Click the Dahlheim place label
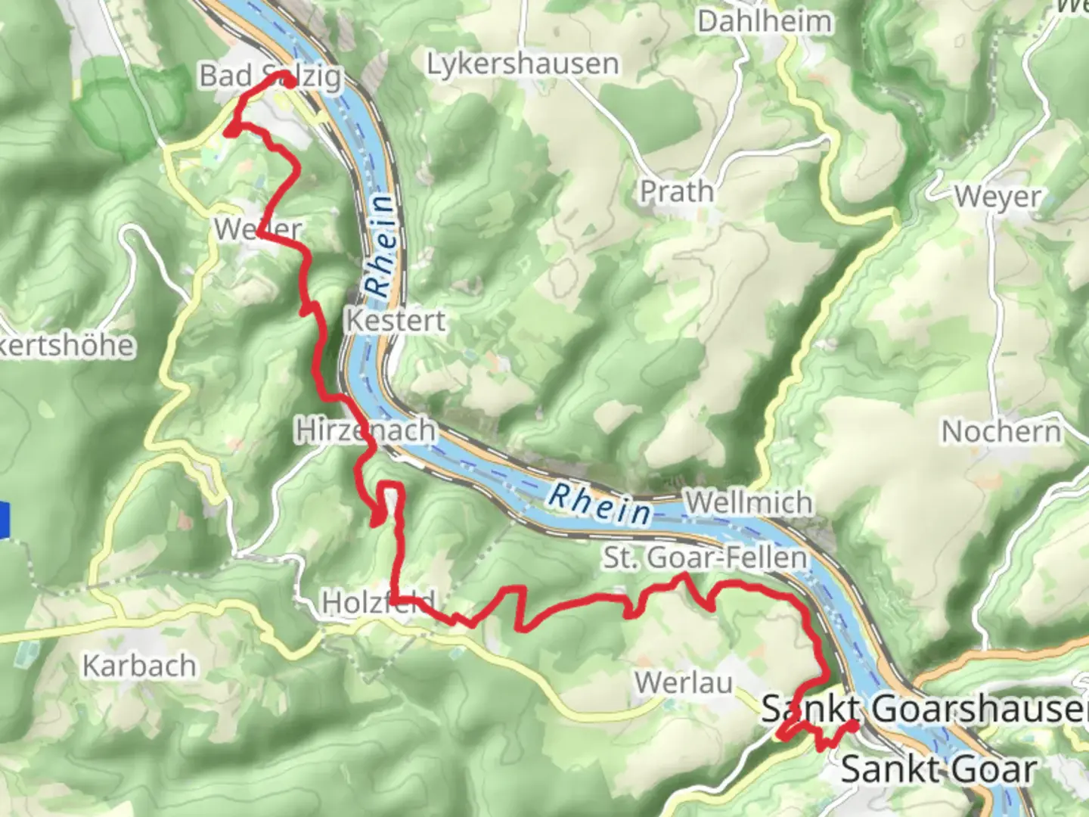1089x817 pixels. [764, 21]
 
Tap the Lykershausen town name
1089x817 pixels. [523, 64]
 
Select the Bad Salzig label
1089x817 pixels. [270, 76]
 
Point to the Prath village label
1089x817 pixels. [677, 192]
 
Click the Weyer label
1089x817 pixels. [997, 197]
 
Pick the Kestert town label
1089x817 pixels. [396, 321]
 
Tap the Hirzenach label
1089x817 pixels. [365, 430]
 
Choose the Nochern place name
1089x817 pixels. [1001, 432]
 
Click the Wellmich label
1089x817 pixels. [749, 502]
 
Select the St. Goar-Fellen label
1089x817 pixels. [705, 558]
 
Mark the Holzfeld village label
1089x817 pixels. [378, 603]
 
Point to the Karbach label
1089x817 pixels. [139, 666]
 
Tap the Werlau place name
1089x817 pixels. [684, 683]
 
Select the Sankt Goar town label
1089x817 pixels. [938, 770]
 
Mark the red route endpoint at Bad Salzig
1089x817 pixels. [288, 81]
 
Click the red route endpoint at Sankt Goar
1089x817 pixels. [852, 726]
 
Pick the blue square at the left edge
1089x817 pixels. [4, 520]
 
